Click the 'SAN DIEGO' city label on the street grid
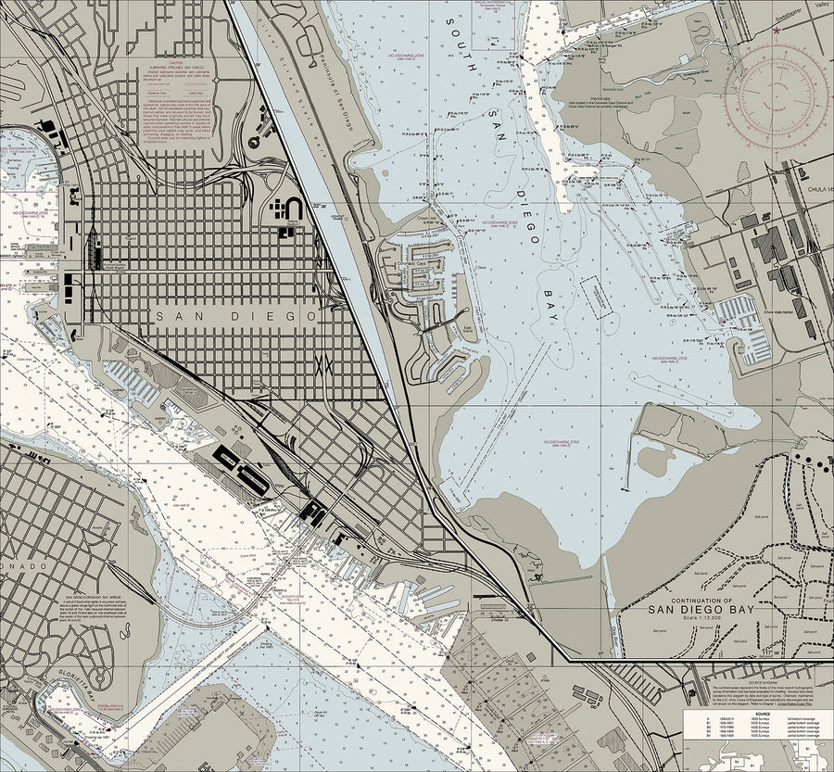click(237, 317)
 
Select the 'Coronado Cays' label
click(414, 262)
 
